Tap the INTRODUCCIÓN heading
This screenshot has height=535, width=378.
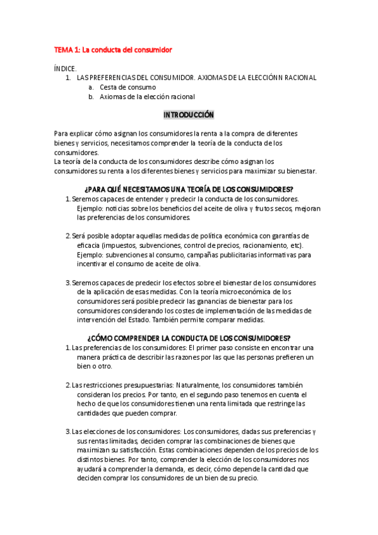point(189,115)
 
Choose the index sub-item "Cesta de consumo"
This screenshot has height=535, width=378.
point(128,87)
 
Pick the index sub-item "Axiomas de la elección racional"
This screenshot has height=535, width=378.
point(147,97)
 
